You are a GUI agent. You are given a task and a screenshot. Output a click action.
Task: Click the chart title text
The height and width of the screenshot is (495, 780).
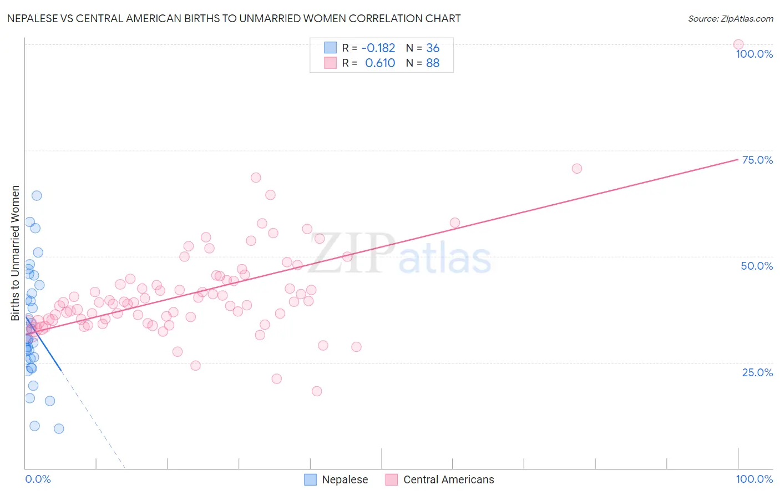click(x=234, y=18)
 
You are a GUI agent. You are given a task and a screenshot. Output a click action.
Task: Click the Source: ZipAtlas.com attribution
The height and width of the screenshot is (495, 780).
click(x=730, y=18)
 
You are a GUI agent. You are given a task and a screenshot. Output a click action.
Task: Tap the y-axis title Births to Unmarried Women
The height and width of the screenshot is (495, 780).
click(x=16, y=253)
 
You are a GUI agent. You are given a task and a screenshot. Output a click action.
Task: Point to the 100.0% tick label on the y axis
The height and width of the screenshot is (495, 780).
click(x=754, y=54)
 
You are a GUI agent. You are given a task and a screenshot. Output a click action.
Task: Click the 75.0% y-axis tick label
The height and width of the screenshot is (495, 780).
click(x=757, y=160)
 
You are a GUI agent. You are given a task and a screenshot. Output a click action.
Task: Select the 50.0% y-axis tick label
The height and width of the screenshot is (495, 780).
click(x=757, y=266)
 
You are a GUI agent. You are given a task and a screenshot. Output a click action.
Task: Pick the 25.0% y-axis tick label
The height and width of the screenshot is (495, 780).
click(x=757, y=372)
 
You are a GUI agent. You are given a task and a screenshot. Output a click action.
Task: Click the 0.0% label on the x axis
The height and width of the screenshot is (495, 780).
click(x=38, y=479)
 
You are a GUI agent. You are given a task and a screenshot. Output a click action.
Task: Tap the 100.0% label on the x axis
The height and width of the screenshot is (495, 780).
click(x=754, y=479)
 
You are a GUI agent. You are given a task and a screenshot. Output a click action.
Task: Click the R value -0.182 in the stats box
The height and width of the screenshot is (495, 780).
click(x=378, y=48)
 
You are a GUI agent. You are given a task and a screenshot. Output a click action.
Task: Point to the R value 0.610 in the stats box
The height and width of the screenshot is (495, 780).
click(x=380, y=63)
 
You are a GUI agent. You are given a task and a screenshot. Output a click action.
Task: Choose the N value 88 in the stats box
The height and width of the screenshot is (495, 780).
click(x=433, y=63)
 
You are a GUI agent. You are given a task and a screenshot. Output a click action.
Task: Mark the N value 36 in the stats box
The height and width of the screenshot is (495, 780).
click(x=433, y=48)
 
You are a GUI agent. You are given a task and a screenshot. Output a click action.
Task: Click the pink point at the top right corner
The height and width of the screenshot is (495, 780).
click(x=738, y=44)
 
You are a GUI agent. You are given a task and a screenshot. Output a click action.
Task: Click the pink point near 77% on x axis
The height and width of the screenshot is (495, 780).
click(x=576, y=169)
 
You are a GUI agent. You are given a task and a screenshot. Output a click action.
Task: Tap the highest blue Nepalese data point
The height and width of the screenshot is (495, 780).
click(x=37, y=195)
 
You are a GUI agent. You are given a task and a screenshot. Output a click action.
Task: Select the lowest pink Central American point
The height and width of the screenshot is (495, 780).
click(x=317, y=391)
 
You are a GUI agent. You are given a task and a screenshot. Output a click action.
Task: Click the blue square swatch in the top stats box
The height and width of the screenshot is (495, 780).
click(x=330, y=48)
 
